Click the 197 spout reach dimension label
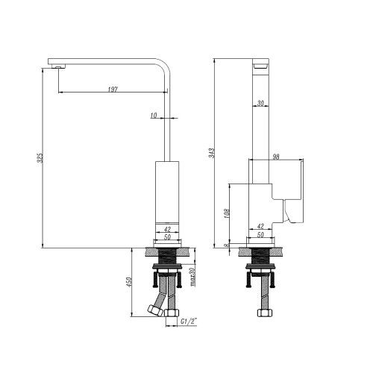click(x=113, y=90)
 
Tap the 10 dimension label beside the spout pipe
click(x=154, y=115)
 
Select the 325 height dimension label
click(x=40, y=158)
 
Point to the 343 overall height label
click(x=212, y=153)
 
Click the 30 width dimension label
click(x=260, y=103)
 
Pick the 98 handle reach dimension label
click(x=276, y=157)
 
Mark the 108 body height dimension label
click(x=227, y=213)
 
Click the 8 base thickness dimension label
click(x=226, y=245)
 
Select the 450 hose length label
click(x=129, y=282)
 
